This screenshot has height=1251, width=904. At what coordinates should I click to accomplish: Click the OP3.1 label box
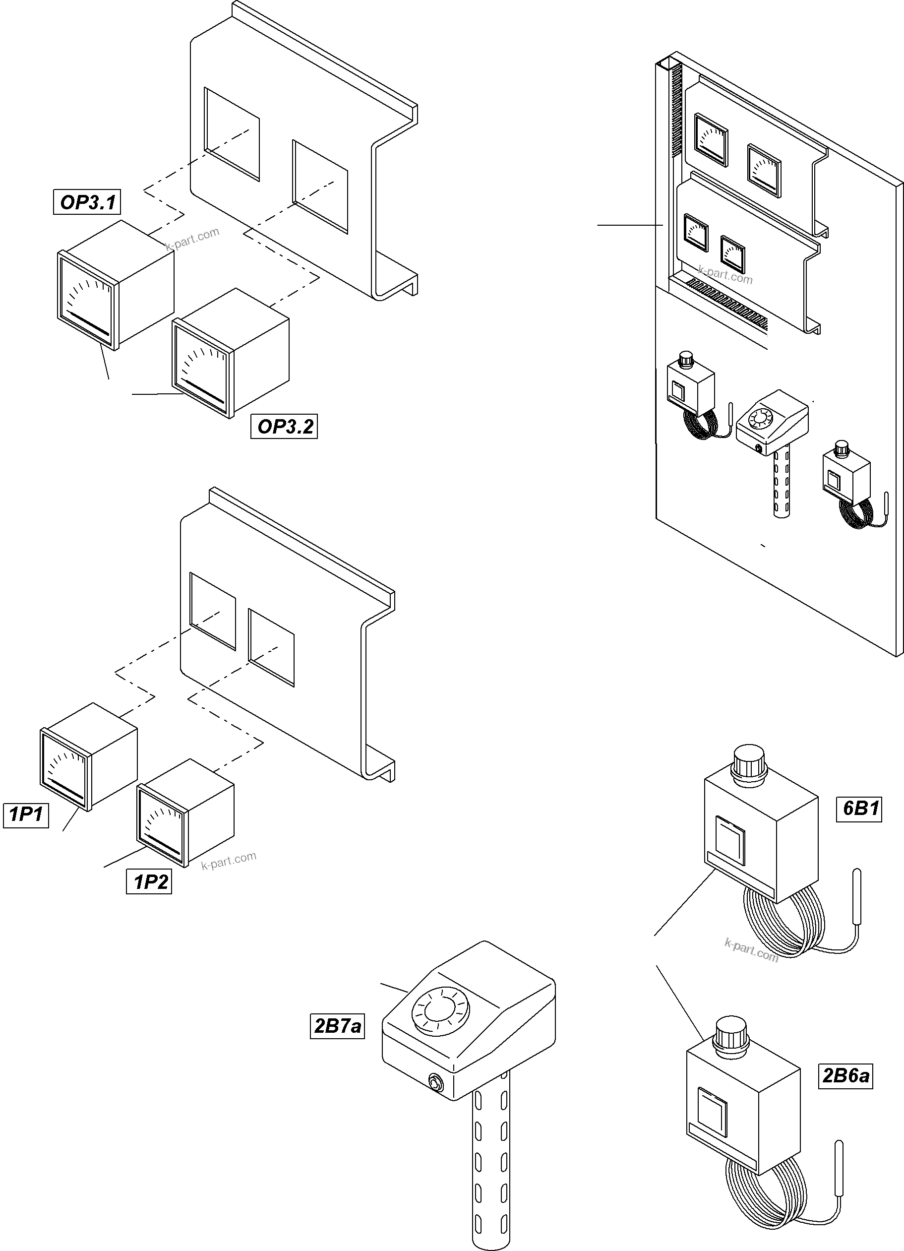tap(87, 202)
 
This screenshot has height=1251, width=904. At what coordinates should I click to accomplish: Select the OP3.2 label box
tap(284, 427)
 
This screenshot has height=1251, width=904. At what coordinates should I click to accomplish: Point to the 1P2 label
tap(149, 882)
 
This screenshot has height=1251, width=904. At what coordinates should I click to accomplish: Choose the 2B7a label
tap(337, 1026)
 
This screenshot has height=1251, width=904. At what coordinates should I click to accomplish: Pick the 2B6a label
tap(845, 1075)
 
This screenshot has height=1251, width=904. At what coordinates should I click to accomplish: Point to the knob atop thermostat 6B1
tap(748, 764)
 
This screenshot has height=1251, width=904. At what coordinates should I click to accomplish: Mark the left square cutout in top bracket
tap(232, 133)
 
